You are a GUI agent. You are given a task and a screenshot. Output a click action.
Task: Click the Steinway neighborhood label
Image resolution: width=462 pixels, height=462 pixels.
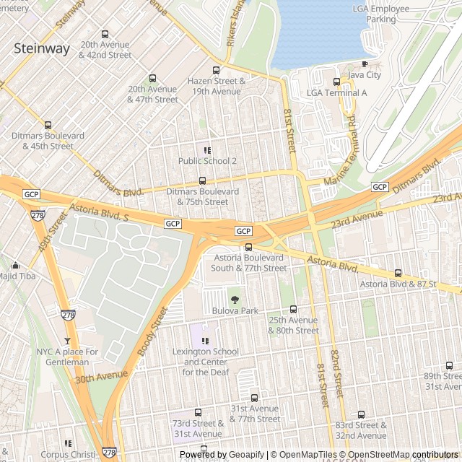[x=43, y=48]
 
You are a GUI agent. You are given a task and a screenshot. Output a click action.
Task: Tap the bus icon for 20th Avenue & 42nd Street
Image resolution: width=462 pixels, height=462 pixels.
[x=105, y=34]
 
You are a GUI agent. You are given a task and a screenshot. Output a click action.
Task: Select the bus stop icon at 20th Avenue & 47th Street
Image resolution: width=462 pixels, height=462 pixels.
[x=152, y=79]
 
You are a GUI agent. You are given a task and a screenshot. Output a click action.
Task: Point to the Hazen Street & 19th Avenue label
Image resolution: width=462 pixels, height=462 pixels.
[x=214, y=86]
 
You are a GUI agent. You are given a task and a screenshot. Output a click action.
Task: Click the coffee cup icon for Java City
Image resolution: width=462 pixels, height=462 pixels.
[x=365, y=64]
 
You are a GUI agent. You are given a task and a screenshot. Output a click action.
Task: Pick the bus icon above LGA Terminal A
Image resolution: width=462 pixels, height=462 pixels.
[x=336, y=82]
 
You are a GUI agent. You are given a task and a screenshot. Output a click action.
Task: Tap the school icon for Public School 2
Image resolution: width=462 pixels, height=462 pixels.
[x=207, y=150]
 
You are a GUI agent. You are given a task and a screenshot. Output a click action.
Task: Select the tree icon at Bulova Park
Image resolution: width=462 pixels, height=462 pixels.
[x=234, y=299]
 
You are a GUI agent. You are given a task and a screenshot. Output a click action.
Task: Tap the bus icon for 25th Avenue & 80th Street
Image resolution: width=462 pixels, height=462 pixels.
[x=293, y=309]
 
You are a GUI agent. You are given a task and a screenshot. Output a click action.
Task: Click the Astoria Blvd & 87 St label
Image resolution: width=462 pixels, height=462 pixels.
[x=398, y=284]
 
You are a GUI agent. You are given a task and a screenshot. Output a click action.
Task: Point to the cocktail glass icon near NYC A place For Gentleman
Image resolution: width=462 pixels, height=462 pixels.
[x=68, y=341]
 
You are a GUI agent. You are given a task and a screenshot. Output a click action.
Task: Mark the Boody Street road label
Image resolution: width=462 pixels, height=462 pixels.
[x=152, y=331]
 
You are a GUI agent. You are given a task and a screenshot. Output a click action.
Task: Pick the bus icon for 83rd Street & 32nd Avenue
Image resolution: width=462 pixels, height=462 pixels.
[x=361, y=414]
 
